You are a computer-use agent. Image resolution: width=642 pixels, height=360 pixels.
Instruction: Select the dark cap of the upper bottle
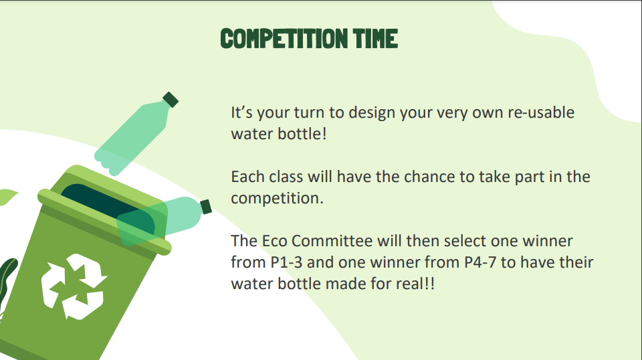pos(171,100)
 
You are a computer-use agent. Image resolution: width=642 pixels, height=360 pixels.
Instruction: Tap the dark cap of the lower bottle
pos(206,206)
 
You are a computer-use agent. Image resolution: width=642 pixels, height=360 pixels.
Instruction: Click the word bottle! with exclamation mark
pos(302,134)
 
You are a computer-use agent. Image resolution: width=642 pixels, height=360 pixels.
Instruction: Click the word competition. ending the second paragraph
pos(277,198)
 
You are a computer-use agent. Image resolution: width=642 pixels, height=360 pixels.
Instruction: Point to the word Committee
pos(332,241)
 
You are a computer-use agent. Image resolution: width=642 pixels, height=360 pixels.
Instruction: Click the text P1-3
pos(287,262)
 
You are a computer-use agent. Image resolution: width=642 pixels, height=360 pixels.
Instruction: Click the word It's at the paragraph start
pos(241,112)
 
